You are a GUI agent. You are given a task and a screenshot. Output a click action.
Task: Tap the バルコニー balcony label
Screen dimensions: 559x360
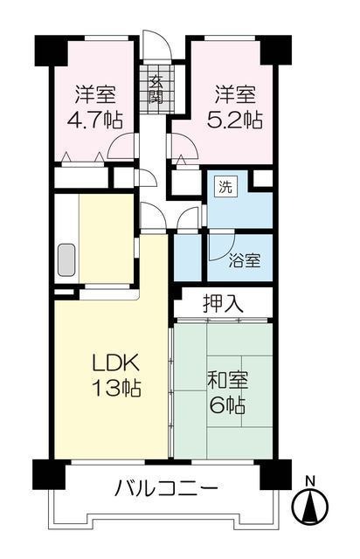(166, 487)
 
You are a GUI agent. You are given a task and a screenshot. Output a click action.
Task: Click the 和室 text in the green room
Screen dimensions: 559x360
(227, 381)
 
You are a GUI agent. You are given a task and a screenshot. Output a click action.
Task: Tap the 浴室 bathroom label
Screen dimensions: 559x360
(244, 259)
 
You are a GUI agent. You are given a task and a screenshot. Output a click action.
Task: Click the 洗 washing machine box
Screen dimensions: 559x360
(225, 187)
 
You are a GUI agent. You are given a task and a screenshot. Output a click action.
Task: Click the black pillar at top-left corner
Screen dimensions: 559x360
(51, 52)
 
